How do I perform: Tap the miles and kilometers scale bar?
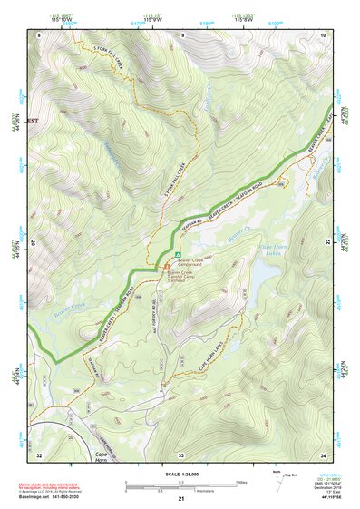pos(180,485)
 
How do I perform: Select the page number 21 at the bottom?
pos(181,499)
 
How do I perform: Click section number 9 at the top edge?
pos(181,34)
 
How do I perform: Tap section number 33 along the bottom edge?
pos(180,454)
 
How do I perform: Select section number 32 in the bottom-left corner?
pos(39,454)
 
